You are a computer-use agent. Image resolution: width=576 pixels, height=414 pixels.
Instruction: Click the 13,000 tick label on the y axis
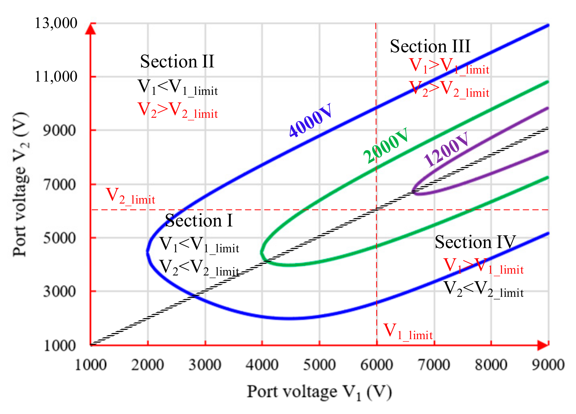(56, 23)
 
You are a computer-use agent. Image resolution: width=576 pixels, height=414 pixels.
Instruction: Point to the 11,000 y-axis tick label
(56, 77)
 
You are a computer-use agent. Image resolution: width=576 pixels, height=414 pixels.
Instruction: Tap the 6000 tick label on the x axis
(377, 365)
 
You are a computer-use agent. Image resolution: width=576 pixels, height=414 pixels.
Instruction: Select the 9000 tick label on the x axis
(548, 365)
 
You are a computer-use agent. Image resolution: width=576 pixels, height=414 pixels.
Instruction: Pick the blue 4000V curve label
(311, 120)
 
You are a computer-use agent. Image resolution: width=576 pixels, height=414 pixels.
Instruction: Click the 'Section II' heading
(177, 62)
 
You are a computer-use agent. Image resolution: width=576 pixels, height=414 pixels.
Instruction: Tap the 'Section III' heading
(430, 46)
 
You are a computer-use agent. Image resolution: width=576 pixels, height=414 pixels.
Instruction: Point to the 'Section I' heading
(199, 221)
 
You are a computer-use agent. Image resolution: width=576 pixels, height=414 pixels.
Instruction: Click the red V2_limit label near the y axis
(130, 196)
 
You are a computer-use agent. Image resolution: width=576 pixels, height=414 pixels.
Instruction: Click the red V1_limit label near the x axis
(408, 332)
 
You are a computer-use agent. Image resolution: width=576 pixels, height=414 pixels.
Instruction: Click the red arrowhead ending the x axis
(543, 345)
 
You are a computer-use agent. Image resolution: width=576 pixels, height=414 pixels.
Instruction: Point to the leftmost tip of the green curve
(261, 252)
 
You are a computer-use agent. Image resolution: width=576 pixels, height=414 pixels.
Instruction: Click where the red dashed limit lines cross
(376, 210)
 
